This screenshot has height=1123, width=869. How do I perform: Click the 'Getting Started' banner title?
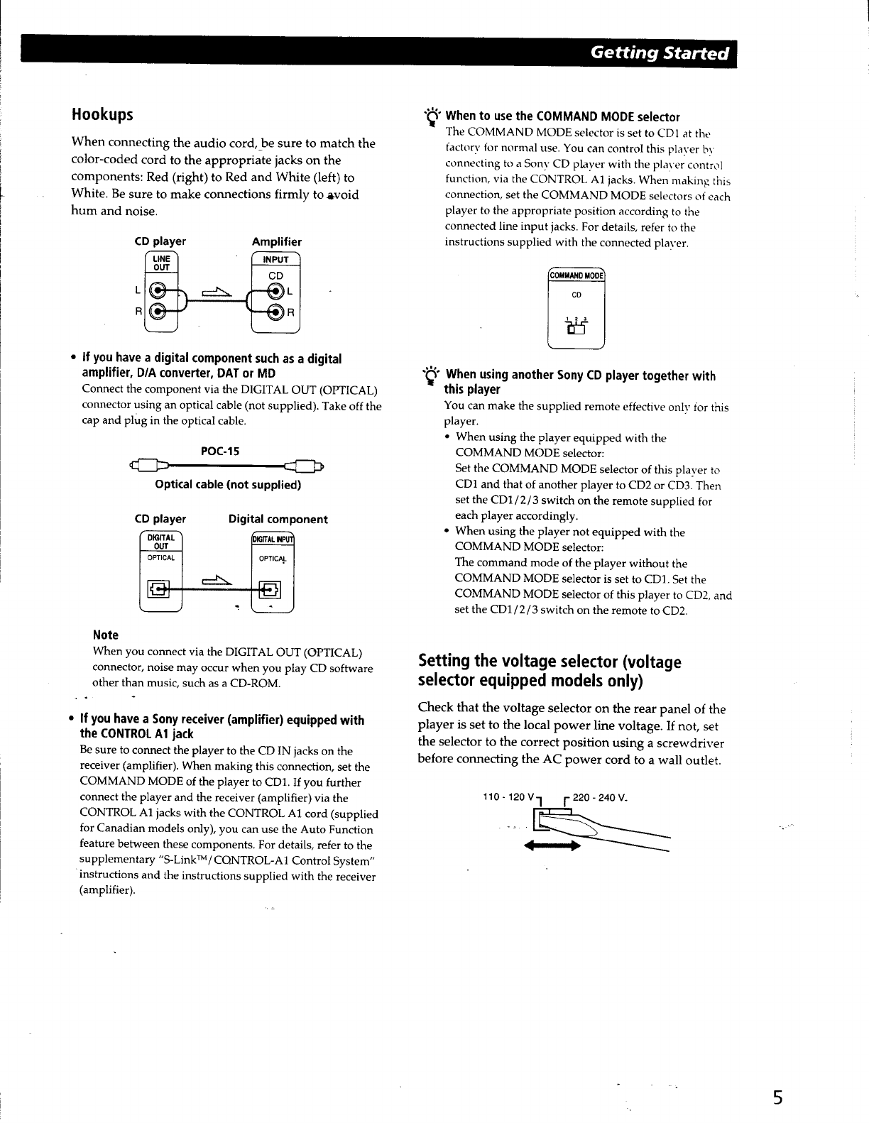tap(660, 53)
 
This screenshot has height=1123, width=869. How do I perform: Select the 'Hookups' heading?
tap(102, 114)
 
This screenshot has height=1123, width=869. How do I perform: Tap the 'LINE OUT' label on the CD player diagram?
tap(162, 263)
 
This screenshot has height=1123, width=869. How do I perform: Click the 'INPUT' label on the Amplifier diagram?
tap(276, 260)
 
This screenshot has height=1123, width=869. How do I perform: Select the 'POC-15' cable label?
tap(221, 451)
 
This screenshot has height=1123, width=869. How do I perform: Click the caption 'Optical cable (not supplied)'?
tap(228, 486)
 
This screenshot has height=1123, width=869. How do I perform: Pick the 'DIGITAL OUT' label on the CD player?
tap(161, 542)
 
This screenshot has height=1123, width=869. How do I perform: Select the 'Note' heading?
tap(106, 635)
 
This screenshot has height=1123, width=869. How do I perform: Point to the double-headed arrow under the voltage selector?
tap(552, 847)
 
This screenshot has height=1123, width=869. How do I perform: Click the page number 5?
tap(778, 1098)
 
